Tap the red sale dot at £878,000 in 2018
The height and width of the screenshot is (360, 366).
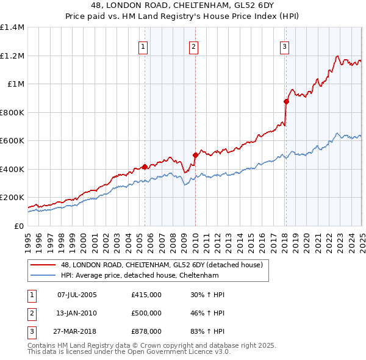(x=286, y=102)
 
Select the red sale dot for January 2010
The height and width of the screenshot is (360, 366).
(x=195, y=155)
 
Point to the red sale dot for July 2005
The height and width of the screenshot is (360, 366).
(x=145, y=167)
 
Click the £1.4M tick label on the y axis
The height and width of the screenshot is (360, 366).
(x=12, y=27)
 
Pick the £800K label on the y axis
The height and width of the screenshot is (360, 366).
(x=12, y=112)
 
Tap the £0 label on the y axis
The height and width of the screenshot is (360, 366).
(x=18, y=226)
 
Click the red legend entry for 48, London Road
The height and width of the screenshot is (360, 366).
(x=162, y=265)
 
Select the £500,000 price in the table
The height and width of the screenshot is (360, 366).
(x=146, y=313)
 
